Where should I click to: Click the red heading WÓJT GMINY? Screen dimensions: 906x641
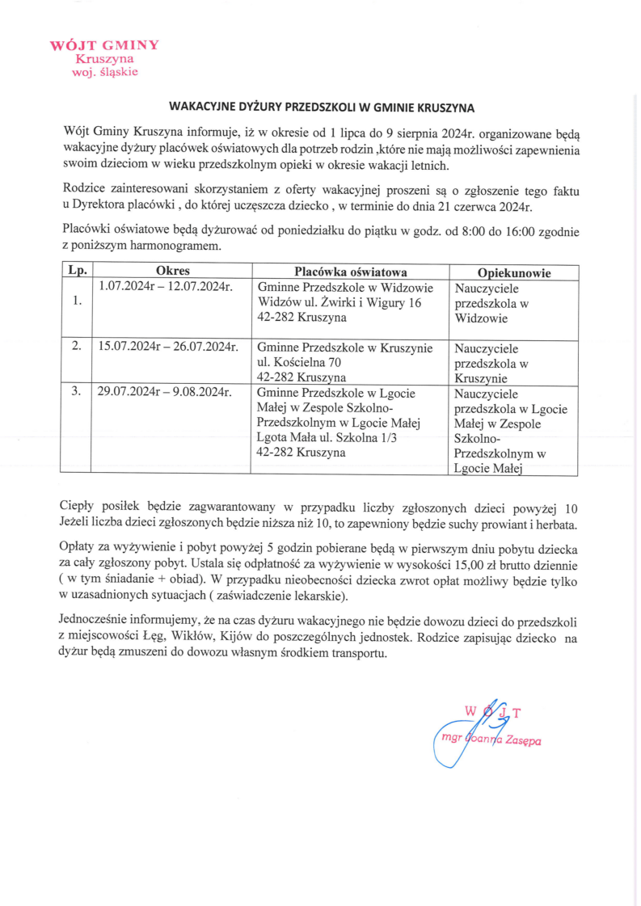tap(105, 44)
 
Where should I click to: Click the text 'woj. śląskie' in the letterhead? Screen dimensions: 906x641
tap(105, 72)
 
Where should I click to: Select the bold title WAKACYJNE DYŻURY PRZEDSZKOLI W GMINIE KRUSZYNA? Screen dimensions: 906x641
tap(321, 107)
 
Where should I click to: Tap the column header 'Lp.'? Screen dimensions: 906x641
tap(78, 272)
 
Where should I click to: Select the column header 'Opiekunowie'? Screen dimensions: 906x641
tap(514, 273)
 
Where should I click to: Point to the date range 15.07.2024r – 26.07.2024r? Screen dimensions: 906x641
tap(167, 348)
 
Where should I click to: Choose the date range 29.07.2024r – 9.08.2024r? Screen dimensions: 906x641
tap(165, 393)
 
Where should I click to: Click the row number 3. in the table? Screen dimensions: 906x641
tap(77, 392)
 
